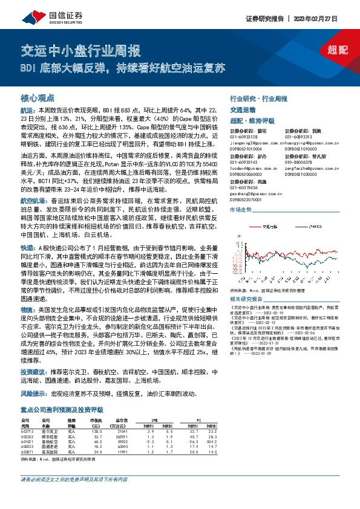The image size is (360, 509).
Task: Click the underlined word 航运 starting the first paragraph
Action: pos(27,112)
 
